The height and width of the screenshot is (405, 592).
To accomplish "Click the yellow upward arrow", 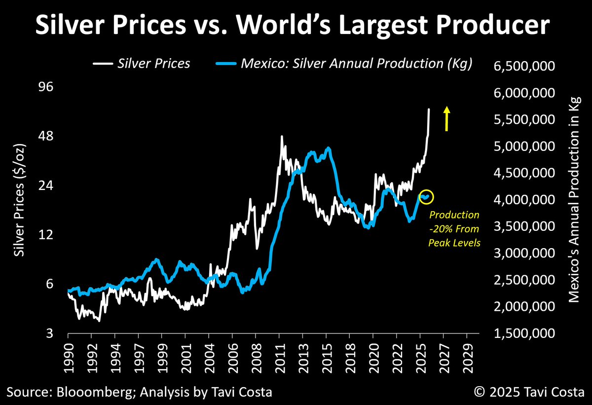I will coord(447,118).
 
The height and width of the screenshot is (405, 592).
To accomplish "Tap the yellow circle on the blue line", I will coord(426,196).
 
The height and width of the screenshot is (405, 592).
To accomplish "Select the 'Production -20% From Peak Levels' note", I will coord(454,229).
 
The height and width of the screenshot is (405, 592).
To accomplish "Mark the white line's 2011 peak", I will coord(282,137).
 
